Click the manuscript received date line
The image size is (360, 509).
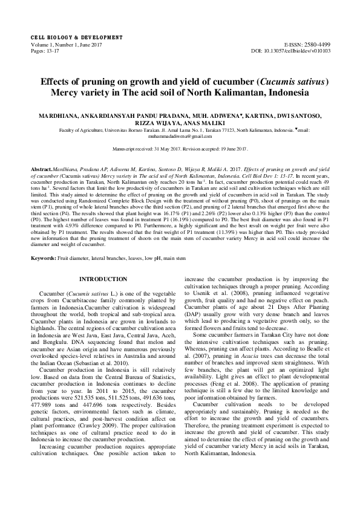tap(180, 149)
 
